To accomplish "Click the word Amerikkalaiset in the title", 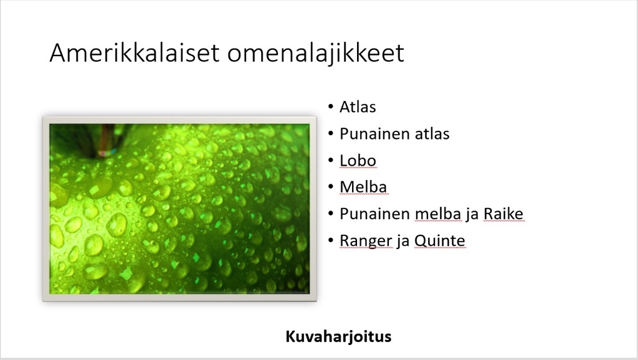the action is (135, 53).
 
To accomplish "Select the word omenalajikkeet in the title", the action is (316, 54).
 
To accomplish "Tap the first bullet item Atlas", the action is (358, 107).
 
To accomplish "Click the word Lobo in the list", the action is (358, 161).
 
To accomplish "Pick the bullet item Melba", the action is (363, 187).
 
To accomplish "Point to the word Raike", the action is (503, 214).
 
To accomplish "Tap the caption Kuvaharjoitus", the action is (338, 336).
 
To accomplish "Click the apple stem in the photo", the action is (107, 140).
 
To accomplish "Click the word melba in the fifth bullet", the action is (439, 214).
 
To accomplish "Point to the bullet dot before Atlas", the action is (330, 107).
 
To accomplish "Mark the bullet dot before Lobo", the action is (330, 160).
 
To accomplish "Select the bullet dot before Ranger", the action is (330, 240).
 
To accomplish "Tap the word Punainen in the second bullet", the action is (374, 134).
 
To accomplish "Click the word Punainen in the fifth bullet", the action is (374, 214).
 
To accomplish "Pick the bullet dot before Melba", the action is (330, 187).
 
